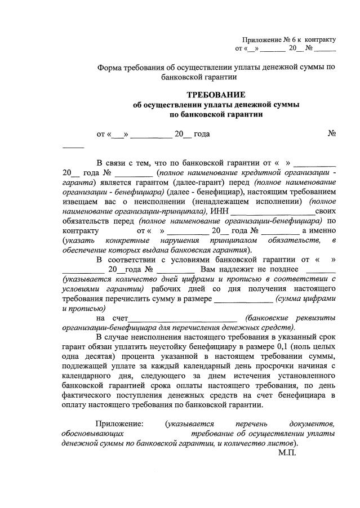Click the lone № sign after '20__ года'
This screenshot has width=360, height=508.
point(332,134)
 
